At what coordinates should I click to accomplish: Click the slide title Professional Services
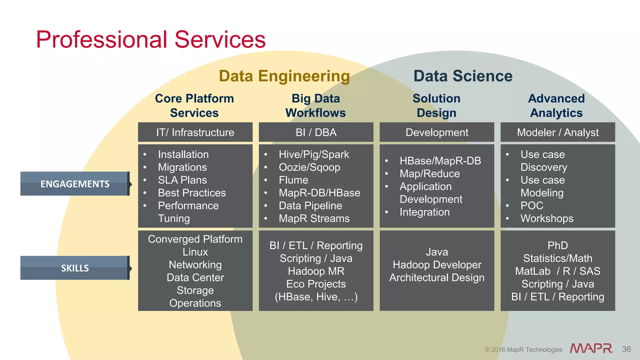(151, 40)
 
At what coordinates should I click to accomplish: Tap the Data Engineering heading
(284, 76)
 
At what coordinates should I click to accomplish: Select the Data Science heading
(463, 76)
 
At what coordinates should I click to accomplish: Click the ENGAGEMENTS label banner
(75, 184)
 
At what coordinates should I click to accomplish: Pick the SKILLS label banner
(75, 268)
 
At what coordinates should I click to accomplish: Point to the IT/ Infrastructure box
(195, 132)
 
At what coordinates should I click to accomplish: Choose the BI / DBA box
(316, 132)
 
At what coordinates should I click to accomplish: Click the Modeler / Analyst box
(558, 132)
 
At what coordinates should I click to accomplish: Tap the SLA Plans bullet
(182, 180)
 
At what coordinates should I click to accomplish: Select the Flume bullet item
(293, 180)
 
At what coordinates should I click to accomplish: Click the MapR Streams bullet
(314, 218)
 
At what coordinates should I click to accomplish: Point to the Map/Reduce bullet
(430, 173)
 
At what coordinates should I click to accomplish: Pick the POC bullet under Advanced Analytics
(532, 206)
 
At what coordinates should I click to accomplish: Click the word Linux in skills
(195, 252)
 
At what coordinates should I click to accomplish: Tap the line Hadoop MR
(316, 271)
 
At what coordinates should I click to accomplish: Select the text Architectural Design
(437, 277)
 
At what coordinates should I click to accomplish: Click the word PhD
(558, 245)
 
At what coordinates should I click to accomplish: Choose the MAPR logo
(591, 348)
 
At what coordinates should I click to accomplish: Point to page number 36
(626, 349)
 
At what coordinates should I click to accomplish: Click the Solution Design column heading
(437, 106)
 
